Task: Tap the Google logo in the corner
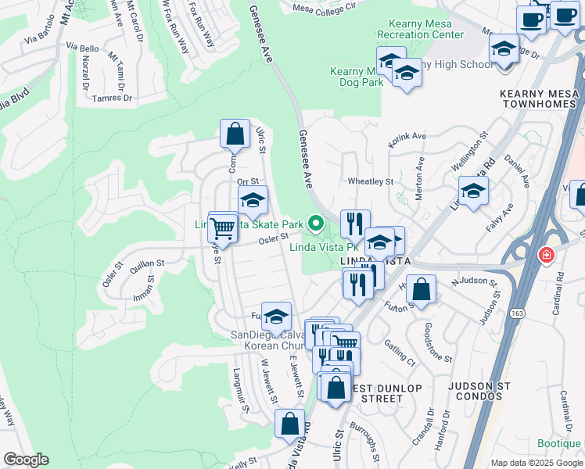[x=26, y=460]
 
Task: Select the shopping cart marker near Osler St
[x=223, y=227]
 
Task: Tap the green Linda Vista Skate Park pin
[x=316, y=224]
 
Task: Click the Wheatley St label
[x=370, y=181]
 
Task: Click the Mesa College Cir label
[x=324, y=7]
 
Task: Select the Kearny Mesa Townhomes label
[x=538, y=98]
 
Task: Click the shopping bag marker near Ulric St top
[x=235, y=134]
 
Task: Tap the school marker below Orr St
[x=253, y=201]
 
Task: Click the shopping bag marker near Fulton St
[x=421, y=289]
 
